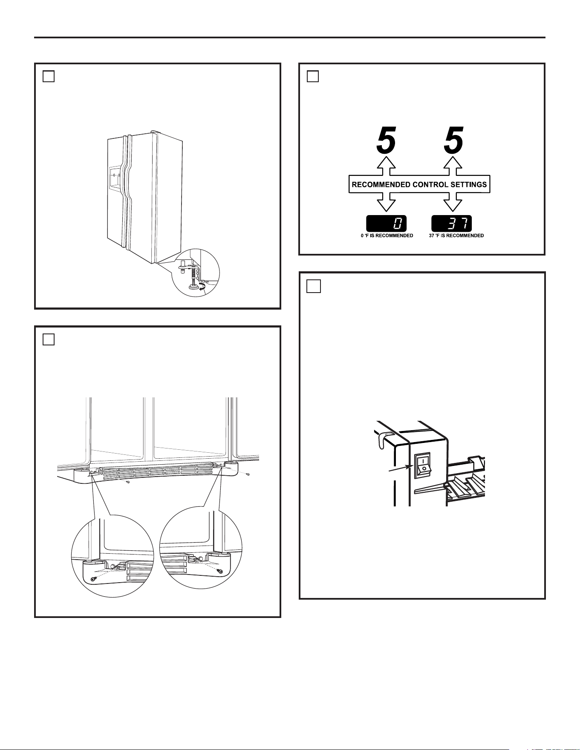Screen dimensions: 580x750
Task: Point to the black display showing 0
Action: [x=387, y=224]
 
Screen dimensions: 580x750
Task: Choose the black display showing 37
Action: [x=452, y=224]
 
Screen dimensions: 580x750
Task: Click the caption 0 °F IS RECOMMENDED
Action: [x=387, y=236]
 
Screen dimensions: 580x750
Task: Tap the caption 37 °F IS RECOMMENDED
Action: [x=456, y=236]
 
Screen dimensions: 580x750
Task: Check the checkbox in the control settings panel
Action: [x=313, y=76]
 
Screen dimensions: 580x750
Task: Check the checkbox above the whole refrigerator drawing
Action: [x=49, y=76]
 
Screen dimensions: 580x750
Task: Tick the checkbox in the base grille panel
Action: [x=49, y=339]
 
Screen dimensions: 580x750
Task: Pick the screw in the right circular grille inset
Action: [x=220, y=571]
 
